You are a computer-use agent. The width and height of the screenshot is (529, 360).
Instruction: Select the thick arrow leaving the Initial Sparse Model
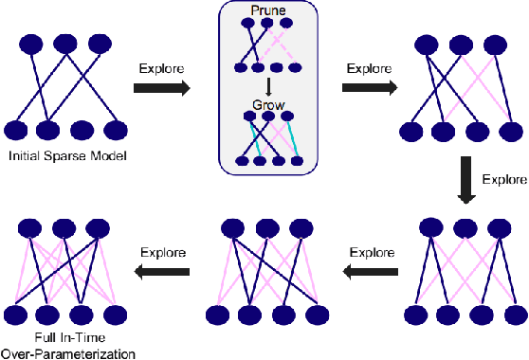pyautogui.click(x=161, y=88)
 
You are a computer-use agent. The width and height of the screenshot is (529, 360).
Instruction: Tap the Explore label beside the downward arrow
pyautogui.click(x=503, y=178)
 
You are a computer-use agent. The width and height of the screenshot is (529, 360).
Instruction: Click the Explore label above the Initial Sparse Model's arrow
pyautogui.click(x=160, y=68)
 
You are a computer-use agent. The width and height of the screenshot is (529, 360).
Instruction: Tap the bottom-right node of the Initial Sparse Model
pyautogui.click(x=116, y=130)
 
